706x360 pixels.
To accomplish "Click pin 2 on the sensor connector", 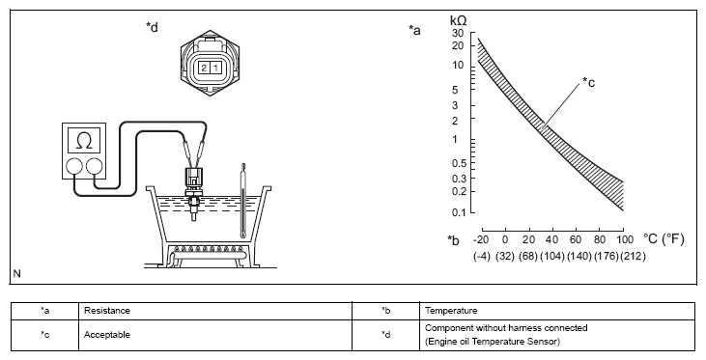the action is (x=205, y=68).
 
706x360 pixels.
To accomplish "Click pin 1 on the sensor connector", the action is (x=215, y=68).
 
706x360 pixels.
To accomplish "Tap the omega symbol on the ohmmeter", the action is (x=84, y=141).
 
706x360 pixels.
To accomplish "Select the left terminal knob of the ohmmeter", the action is (x=73, y=167).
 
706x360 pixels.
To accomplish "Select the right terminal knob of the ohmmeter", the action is (x=94, y=167).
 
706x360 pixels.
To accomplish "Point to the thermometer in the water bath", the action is (x=243, y=201).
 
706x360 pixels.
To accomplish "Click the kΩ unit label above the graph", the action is (x=459, y=20).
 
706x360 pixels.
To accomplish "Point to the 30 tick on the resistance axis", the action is (x=458, y=33).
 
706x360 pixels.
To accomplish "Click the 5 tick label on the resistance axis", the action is (x=455, y=90).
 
